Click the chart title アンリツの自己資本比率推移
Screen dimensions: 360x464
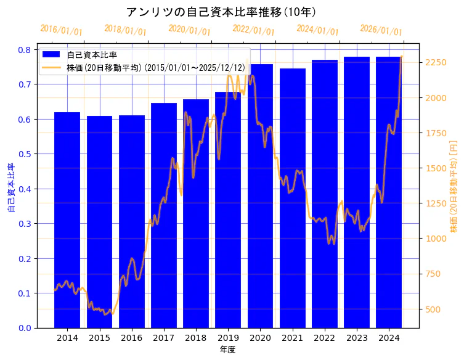tap(222, 12)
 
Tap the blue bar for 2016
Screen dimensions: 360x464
tap(131, 221)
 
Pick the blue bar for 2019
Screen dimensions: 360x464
tap(228, 210)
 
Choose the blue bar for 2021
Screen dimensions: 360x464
tap(292, 198)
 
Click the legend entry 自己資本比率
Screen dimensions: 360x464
tap(92, 55)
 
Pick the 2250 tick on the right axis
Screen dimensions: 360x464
tap(435, 63)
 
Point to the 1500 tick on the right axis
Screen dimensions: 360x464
tap(435, 168)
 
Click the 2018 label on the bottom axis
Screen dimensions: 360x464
tap(196, 338)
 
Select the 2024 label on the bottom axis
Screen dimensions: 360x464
tap(389, 338)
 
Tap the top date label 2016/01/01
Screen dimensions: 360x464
tap(61, 30)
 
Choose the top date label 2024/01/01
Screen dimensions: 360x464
tap(317, 30)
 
